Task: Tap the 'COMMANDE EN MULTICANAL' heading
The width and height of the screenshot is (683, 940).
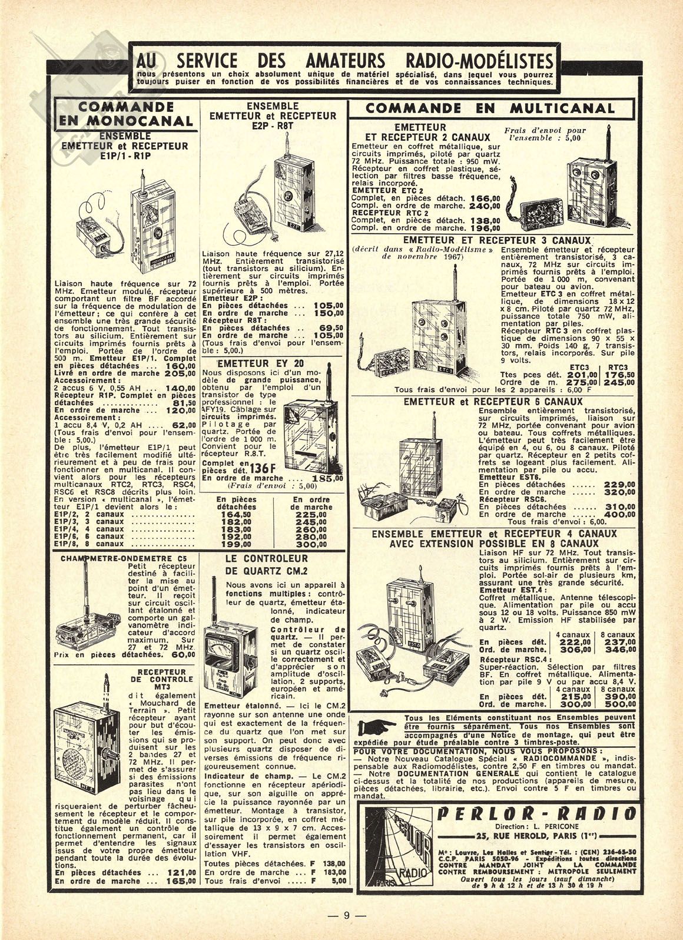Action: coord(490,108)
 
